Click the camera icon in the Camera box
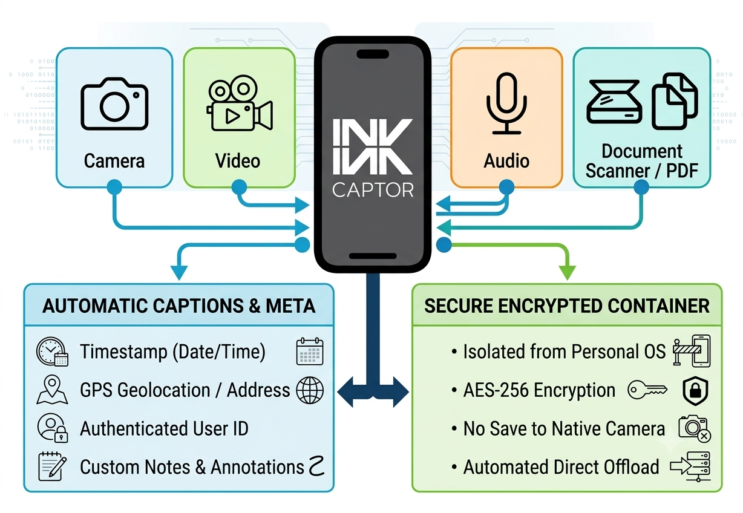pyautogui.click(x=114, y=103)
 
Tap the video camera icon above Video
pyautogui.click(x=240, y=103)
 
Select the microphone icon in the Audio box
pyautogui.click(x=506, y=103)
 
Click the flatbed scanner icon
pyautogui.click(x=614, y=102)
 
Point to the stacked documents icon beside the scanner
pyautogui.click(x=675, y=101)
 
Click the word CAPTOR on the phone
pyautogui.click(x=373, y=190)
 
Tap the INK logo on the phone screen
pyautogui.click(x=373, y=146)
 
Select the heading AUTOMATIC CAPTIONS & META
pyautogui.click(x=178, y=306)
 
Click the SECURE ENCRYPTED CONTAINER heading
pyautogui.click(x=567, y=306)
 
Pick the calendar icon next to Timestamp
pyautogui.click(x=309, y=351)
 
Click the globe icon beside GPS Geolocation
pyautogui.click(x=310, y=390)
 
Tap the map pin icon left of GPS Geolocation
pyautogui.click(x=52, y=390)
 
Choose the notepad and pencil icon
pyautogui.click(x=52, y=466)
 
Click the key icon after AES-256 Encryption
pyautogui.click(x=647, y=390)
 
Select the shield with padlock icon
pyautogui.click(x=695, y=391)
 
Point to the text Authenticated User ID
pyautogui.click(x=164, y=428)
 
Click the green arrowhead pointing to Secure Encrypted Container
pyautogui.click(x=568, y=272)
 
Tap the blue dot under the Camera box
pyautogui.click(x=114, y=187)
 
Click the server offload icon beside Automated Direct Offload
pyautogui.click(x=690, y=466)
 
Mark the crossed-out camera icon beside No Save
pyautogui.click(x=694, y=428)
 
